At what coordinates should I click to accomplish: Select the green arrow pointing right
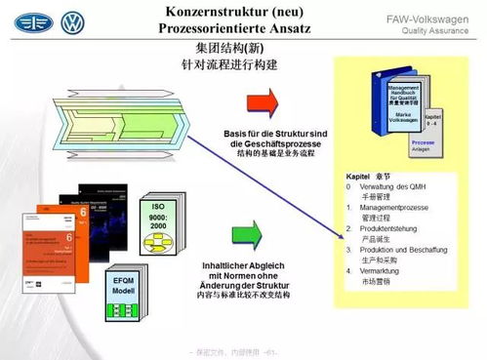pyautogui.click(x=247, y=233)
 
